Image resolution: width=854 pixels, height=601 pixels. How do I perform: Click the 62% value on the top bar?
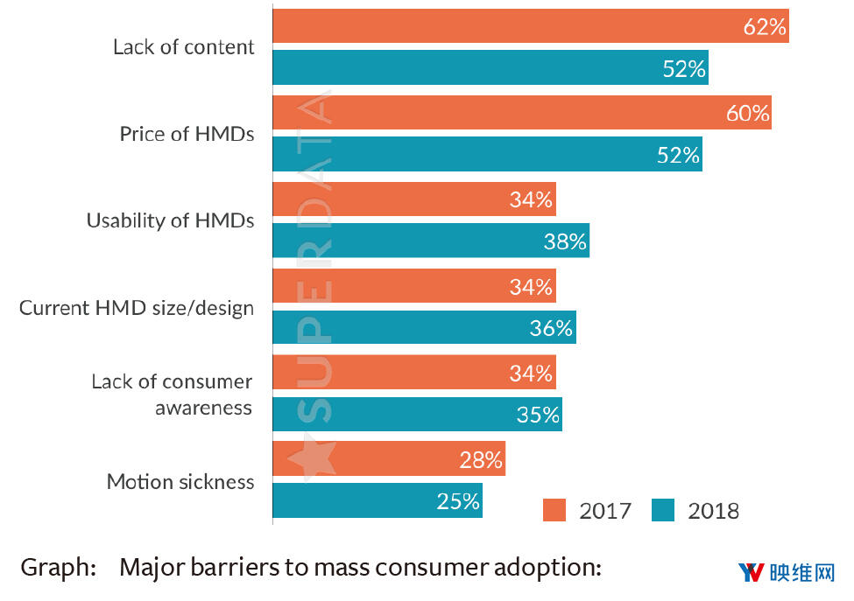(765, 27)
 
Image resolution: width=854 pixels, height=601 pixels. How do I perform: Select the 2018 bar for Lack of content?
(491, 68)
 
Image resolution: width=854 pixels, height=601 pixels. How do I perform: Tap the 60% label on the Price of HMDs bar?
(747, 113)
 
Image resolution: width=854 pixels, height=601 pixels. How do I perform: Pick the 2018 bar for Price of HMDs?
(487, 155)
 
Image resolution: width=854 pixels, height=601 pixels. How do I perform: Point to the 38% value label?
(564, 242)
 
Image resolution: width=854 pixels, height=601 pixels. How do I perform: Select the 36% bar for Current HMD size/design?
(424, 328)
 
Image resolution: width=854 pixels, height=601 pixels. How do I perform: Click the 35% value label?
(537, 415)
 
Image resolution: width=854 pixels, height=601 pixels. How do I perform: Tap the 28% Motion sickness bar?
(389, 459)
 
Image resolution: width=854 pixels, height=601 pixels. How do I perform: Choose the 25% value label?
(458, 501)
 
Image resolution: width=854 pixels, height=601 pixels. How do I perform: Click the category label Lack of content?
(183, 47)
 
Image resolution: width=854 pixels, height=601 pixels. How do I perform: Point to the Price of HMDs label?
(187, 135)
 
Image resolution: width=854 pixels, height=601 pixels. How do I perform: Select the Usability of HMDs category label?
(170, 220)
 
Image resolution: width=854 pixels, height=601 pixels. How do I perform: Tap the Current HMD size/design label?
(137, 308)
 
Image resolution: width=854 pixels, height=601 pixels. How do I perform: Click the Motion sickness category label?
(180, 482)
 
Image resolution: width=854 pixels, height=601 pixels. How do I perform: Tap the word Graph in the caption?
(58, 568)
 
